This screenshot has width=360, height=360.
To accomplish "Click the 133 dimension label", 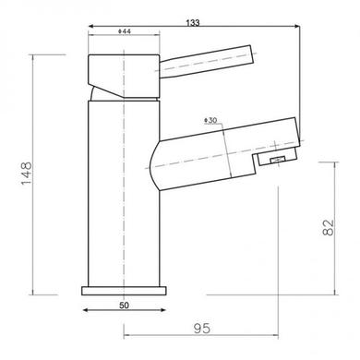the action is (x=193, y=23).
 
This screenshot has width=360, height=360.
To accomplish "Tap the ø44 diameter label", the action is (x=125, y=31).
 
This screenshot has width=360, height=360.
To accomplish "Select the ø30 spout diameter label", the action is (x=210, y=120).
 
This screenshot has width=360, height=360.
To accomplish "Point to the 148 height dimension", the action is (x=27, y=173).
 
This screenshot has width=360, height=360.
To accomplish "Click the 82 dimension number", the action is (x=328, y=227).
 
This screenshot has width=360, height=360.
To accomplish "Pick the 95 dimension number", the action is (x=202, y=329).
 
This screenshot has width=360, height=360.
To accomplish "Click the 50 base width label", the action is (x=124, y=306).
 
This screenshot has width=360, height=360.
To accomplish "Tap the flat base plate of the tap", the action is (x=124, y=291).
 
